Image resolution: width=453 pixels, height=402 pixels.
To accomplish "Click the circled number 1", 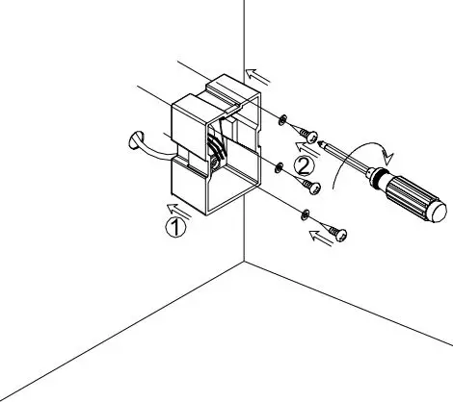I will click(x=173, y=227).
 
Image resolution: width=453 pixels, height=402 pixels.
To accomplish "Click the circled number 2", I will click(x=303, y=165).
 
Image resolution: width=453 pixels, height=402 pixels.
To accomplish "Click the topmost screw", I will click(x=309, y=131).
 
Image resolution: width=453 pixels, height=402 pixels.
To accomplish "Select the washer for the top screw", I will click(x=282, y=119).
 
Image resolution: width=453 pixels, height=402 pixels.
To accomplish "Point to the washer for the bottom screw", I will click(x=306, y=214).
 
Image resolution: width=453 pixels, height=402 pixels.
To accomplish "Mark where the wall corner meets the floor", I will click(x=243, y=260).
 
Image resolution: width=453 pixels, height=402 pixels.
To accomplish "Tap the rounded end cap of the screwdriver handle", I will click(x=436, y=210).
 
